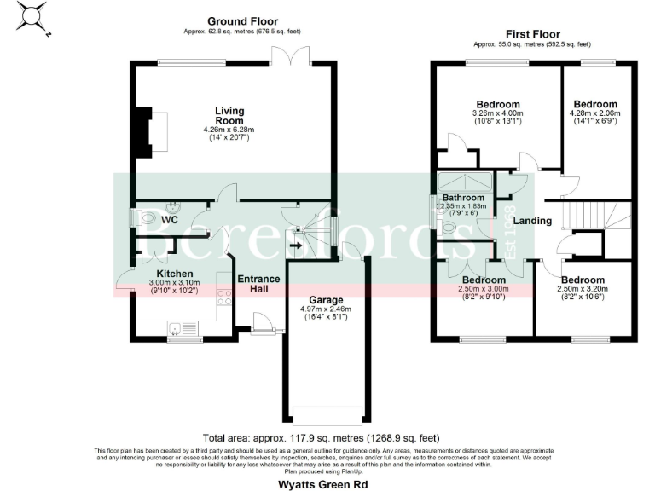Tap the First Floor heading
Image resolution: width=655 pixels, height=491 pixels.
coord(533,32)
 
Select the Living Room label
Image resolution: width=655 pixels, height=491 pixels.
coord(229,116)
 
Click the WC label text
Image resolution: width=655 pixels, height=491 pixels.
coord(170,219)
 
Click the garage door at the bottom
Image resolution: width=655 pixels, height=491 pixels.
coord(327,414)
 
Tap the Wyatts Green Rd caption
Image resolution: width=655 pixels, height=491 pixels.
coord(327,483)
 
